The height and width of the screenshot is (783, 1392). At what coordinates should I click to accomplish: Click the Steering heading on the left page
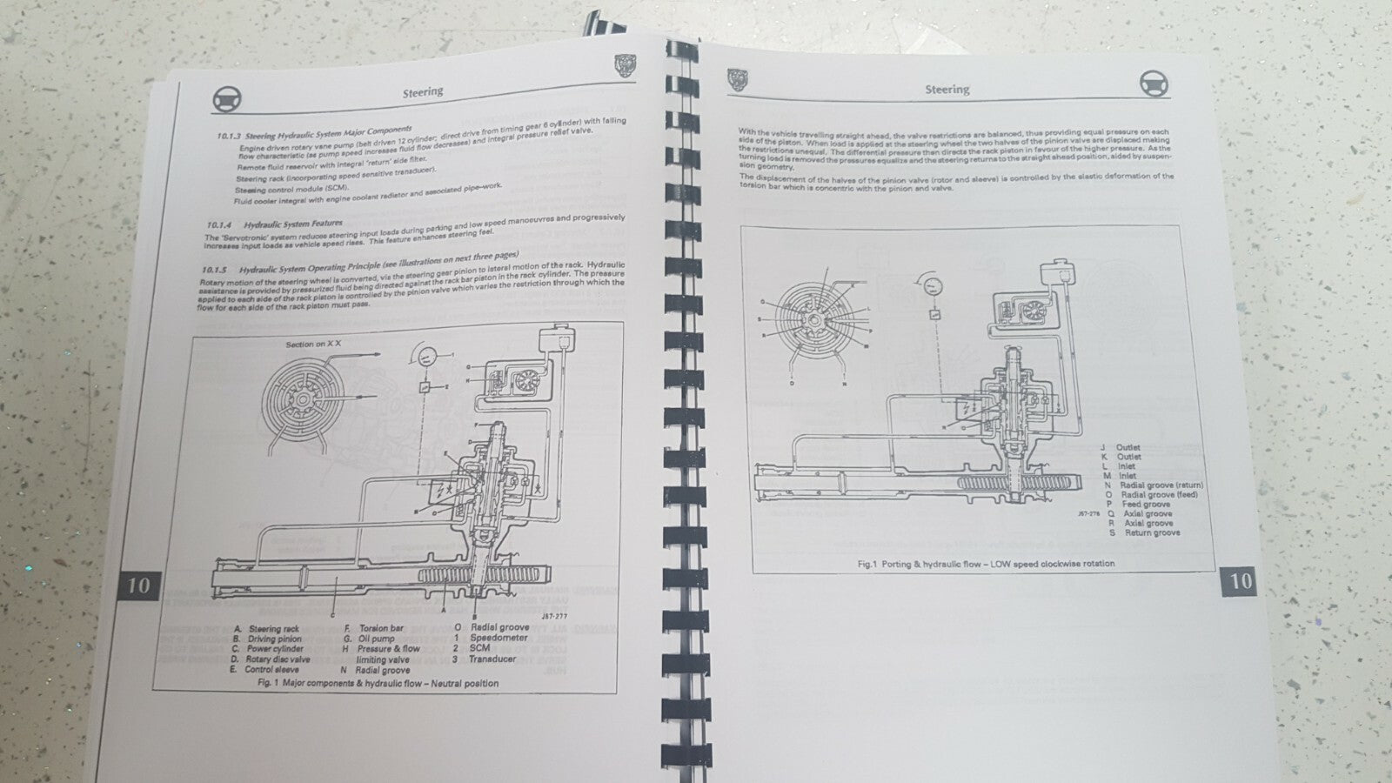pos(423,91)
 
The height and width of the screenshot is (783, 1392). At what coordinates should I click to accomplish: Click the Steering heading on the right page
pos(947,89)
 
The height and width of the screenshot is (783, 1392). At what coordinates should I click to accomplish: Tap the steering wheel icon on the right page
pos(1154,83)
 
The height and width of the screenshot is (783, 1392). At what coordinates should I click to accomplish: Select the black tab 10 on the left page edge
pos(138,585)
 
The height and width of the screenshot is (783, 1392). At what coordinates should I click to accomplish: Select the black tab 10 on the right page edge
pos(1241,581)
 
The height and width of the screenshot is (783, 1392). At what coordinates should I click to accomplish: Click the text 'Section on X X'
pos(313,345)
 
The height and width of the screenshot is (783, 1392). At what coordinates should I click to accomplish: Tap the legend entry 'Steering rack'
pos(273,628)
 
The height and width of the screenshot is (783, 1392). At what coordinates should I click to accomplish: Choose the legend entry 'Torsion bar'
pos(381,628)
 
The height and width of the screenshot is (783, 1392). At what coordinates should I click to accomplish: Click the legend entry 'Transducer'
pos(492,659)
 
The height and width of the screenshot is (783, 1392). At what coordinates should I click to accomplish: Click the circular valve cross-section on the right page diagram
pos(814,320)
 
